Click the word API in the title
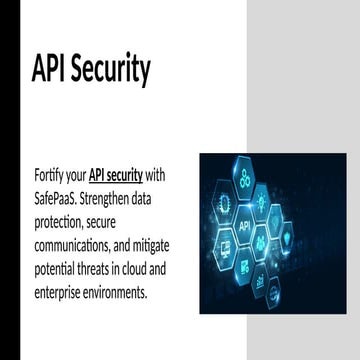tap(51, 69)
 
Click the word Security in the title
tap(111, 69)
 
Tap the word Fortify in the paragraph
tap(52, 176)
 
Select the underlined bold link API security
tap(123, 176)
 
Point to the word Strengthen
tap(124, 198)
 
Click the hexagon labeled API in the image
tap(245, 225)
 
